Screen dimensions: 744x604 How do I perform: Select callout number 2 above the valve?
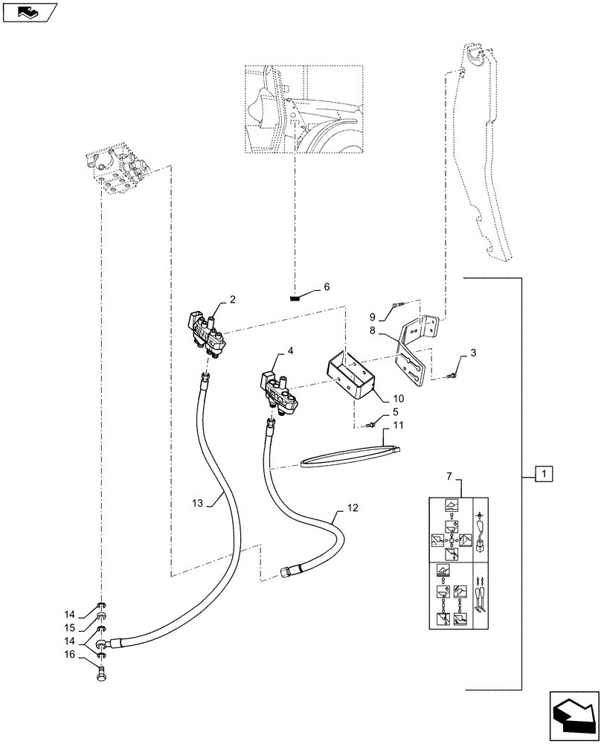tap(233, 300)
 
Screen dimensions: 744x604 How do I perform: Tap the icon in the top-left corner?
tap(29, 11)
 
